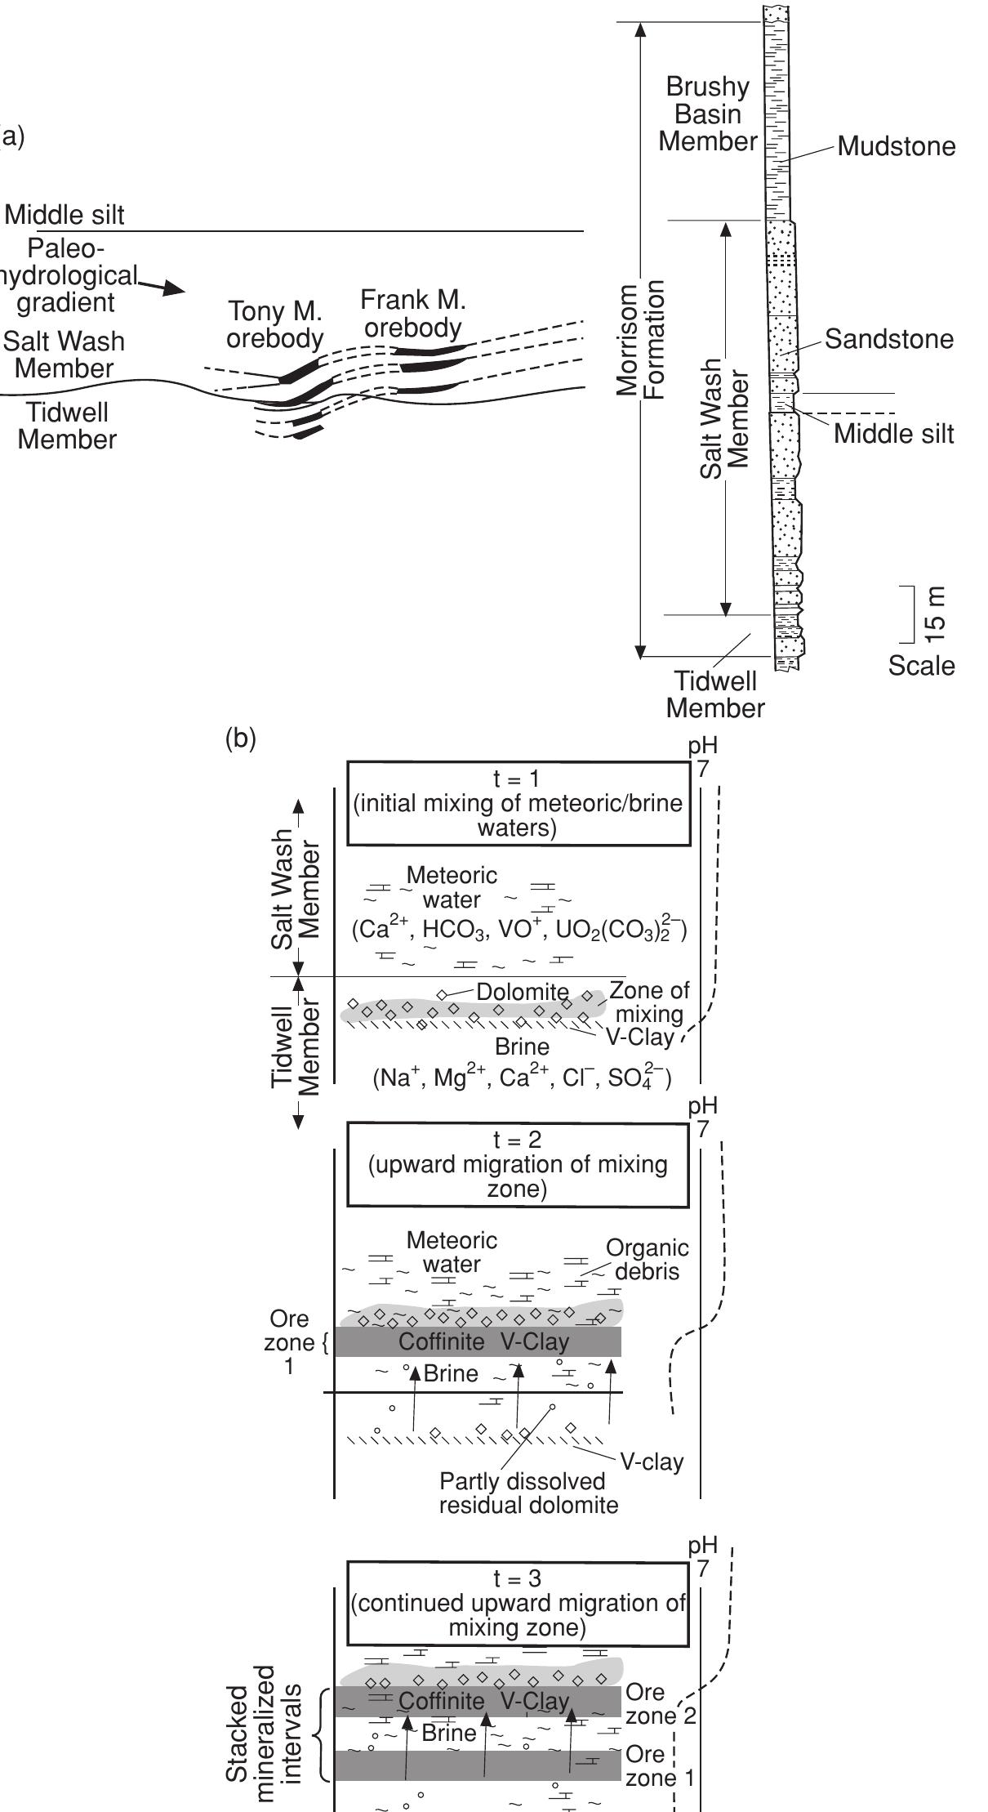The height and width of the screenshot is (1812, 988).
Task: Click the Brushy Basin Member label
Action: point(708,114)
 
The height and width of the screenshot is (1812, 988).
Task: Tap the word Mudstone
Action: point(896,147)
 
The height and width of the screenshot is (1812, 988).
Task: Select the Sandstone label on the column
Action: point(888,339)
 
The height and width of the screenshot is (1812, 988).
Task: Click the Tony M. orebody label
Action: point(275,325)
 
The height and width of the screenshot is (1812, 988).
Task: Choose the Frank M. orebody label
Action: point(413,314)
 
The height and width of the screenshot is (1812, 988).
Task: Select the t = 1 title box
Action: point(518,804)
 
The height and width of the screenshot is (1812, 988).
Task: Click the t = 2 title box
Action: point(518,1165)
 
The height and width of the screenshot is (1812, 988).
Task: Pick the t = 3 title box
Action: point(518,1603)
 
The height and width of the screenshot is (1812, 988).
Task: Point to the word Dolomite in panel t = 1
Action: point(523,993)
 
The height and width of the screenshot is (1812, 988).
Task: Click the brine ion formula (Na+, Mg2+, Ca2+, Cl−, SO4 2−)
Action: point(523,1078)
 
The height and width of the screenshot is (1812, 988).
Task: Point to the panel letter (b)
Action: point(240,739)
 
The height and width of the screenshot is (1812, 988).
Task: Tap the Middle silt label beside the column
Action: point(893,434)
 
